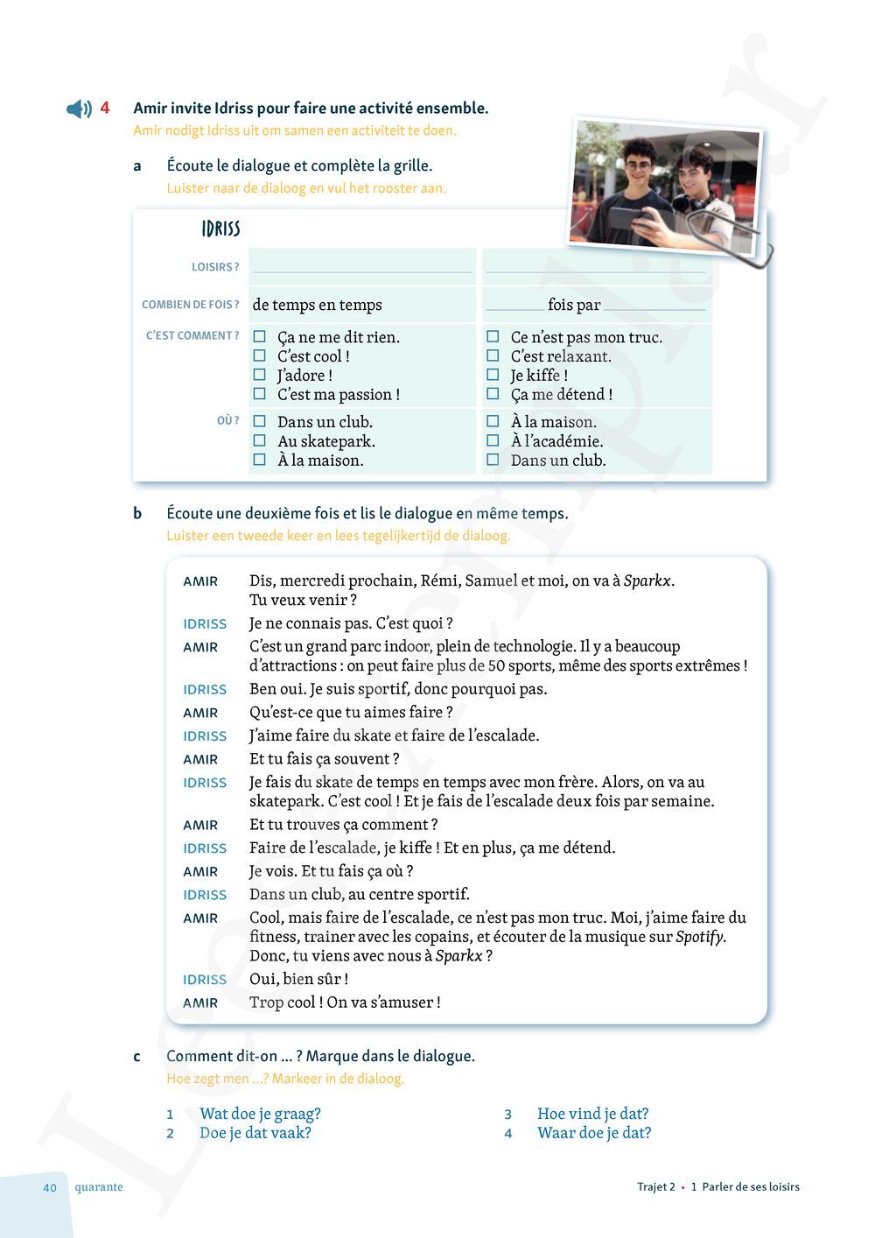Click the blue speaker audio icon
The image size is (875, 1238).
click(x=79, y=109)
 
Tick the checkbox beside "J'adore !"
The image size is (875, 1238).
click(x=260, y=375)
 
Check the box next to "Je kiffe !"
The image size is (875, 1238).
click(x=493, y=375)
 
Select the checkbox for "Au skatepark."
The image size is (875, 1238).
click(x=260, y=440)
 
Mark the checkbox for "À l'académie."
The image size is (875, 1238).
click(x=493, y=440)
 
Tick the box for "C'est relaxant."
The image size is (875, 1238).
click(x=493, y=355)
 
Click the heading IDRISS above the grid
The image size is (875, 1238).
click(x=220, y=229)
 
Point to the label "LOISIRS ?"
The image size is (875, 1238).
click(x=215, y=267)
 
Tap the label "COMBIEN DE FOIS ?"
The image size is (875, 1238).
click(x=190, y=305)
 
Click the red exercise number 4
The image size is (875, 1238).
click(x=105, y=108)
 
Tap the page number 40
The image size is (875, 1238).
click(x=50, y=1187)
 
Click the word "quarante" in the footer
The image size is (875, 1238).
click(x=99, y=1187)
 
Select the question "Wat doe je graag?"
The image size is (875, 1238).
click(x=260, y=1114)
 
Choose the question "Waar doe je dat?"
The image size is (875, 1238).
click(x=594, y=1133)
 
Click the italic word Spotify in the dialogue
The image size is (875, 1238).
click(x=700, y=937)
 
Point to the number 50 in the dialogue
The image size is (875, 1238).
click(x=496, y=665)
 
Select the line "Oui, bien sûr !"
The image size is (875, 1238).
click(x=298, y=979)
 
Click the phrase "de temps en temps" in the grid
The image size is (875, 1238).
click(x=318, y=305)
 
